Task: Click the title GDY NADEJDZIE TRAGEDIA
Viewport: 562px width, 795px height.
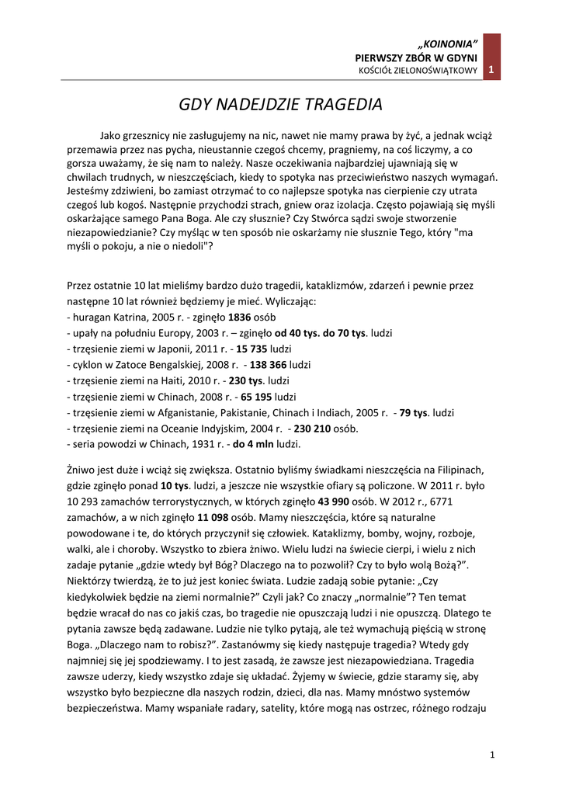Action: pyautogui.click(x=281, y=103)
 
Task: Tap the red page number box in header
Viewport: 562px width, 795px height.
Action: pyautogui.click(x=491, y=71)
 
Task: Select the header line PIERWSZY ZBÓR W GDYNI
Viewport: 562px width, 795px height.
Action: pyautogui.click(x=416, y=57)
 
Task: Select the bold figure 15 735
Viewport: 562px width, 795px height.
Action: pyautogui.click(x=252, y=349)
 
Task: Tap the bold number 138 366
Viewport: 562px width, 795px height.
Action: pyautogui.click(x=267, y=364)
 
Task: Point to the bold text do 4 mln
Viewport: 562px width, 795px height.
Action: pyautogui.click(x=254, y=444)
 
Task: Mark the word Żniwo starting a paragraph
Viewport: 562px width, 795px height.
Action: pyautogui.click(x=83, y=470)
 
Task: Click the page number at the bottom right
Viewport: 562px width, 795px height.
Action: pyautogui.click(x=492, y=754)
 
